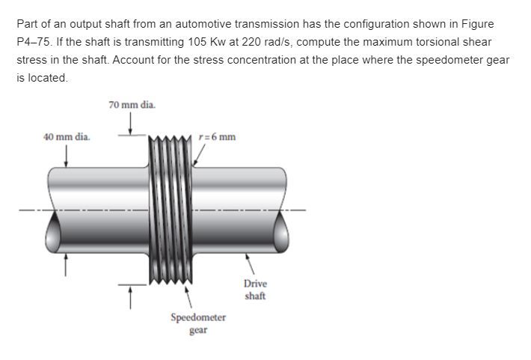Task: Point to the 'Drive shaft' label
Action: click(255, 290)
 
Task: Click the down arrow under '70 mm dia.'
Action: click(132, 123)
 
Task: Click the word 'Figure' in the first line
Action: click(476, 24)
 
